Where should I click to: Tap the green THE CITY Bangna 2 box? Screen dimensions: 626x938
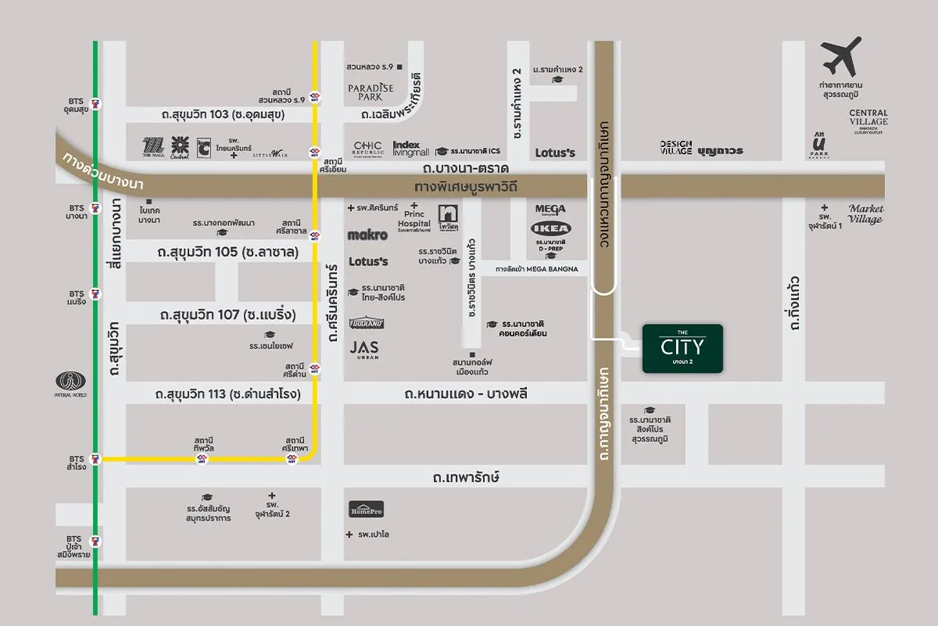[682, 348]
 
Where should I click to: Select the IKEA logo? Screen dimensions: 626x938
[551, 228]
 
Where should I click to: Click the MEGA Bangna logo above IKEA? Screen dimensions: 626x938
[550, 210]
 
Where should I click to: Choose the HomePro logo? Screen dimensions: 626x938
[367, 509]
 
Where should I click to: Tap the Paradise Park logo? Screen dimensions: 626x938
[371, 92]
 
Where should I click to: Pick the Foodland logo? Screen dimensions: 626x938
[367, 323]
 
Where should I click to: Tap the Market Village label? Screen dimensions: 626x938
[865, 214]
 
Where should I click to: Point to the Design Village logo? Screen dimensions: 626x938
[676, 148]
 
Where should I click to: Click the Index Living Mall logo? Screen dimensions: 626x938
[411, 149]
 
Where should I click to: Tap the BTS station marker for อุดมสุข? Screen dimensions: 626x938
[95, 104]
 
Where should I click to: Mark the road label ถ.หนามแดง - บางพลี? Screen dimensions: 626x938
[466, 394]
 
